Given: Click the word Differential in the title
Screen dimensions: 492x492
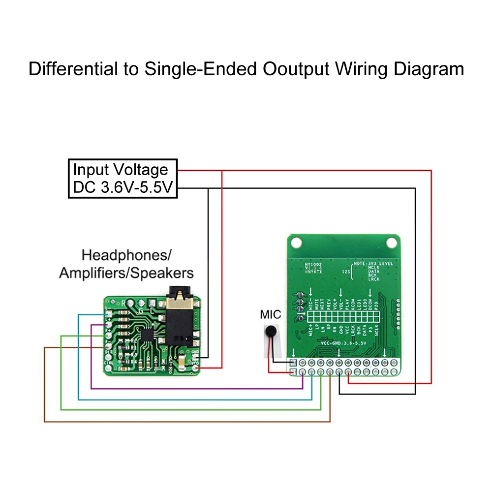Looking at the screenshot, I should (x=71, y=68).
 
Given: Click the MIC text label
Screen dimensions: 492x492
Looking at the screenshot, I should (x=271, y=314).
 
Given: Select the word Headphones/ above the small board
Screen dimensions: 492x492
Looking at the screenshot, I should (x=126, y=255).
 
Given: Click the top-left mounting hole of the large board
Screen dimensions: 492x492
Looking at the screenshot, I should (x=295, y=242).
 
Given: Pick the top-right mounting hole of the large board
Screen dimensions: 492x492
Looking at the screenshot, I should (x=392, y=242).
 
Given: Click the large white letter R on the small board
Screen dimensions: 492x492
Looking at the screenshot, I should (x=130, y=303).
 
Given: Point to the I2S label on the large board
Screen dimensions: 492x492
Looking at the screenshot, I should (x=346, y=270).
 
